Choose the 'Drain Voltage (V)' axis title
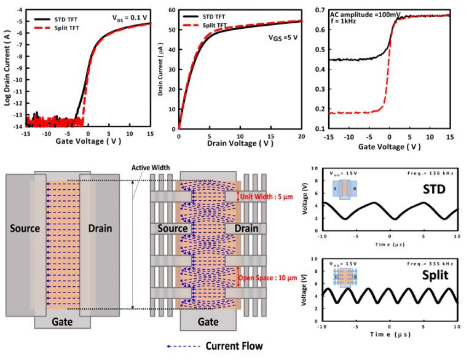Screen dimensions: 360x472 [x=240, y=143]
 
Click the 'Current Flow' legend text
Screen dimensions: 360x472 [x=234, y=346]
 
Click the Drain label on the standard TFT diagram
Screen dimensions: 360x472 [x=100, y=228]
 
